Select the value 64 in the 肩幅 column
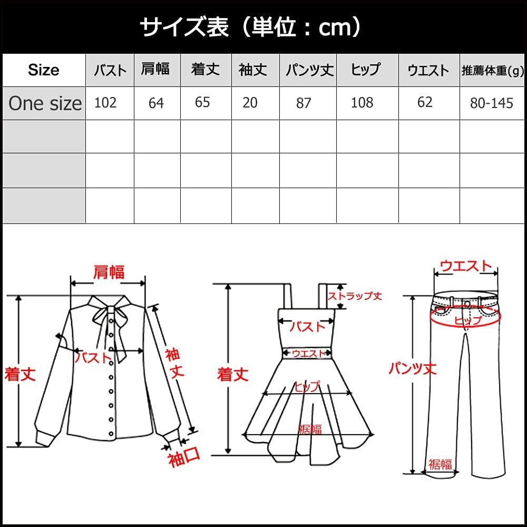tap(157, 103)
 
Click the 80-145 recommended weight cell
tap(492, 103)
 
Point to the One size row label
tap(45, 103)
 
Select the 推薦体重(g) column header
tap(492, 71)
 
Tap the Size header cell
tap(44, 70)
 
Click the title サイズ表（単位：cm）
tap(250, 27)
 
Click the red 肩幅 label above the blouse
tap(109, 272)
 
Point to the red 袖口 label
tap(184, 457)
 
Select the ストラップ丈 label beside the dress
tap(355, 296)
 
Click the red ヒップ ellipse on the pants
tap(466, 318)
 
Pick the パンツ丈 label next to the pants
tap(413, 369)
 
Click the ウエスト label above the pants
tap(465, 266)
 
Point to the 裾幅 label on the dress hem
tap(310, 429)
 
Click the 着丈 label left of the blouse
tap(20, 374)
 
